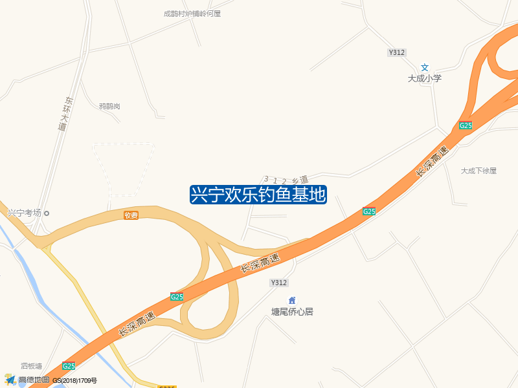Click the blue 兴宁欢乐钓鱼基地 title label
coord(258,195)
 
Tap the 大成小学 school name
coord(424,78)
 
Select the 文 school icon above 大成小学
coord(425,67)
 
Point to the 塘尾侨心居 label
coord(292,311)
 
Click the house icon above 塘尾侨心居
coord(292,300)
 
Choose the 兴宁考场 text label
coord(24,213)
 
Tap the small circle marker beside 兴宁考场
coord(46,213)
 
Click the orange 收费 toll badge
coord(131,215)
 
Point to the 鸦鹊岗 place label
coord(109,106)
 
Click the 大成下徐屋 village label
coord(479,171)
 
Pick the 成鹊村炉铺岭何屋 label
coord(192,13)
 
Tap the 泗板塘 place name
coord(31,366)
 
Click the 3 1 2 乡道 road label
coord(286,179)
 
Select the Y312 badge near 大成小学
coord(397,52)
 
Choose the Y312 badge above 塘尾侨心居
coord(278,283)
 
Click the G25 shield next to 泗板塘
coord(69,365)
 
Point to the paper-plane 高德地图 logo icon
coord(10,380)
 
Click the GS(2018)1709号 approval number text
coord(74,381)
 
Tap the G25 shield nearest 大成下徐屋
coord(466,125)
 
